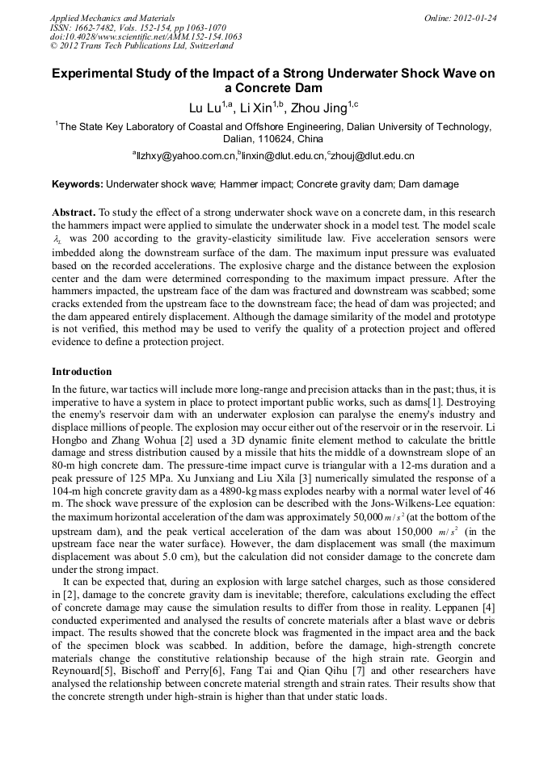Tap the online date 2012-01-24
click(474, 17)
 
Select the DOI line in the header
click(145, 36)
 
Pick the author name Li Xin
click(258, 107)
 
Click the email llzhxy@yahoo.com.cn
click(185, 156)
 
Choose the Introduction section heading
click(82, 372)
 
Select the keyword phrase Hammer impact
click(255, 184)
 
